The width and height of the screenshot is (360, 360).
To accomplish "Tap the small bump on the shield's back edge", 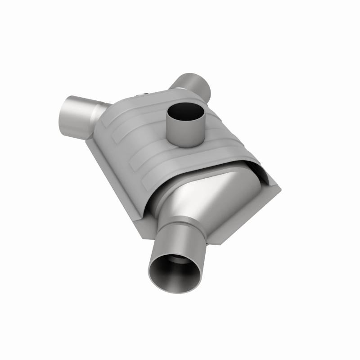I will click(143, 93).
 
